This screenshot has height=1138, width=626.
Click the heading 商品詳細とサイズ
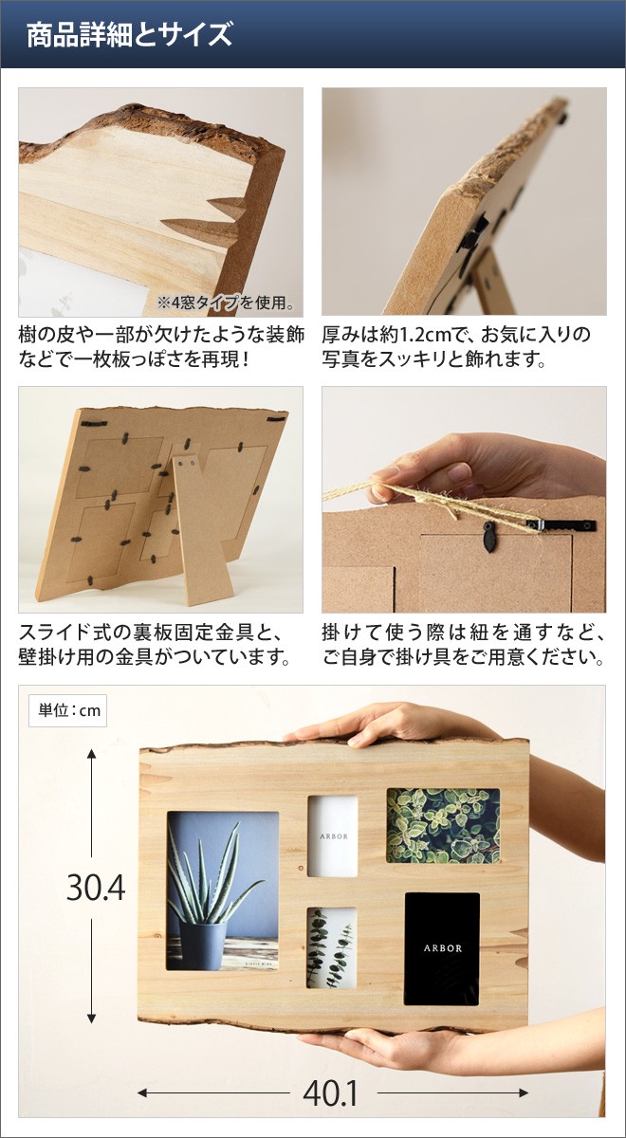pos(129,36)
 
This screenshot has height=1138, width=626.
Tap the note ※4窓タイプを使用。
pos(226,303)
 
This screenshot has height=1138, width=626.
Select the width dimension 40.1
pos(330,1094)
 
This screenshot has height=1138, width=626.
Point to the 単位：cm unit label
pos(68,710)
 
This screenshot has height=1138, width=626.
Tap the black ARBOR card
pos(442,947)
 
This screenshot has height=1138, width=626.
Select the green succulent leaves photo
pos(442,825)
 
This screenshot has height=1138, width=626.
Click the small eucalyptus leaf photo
pos(332,947)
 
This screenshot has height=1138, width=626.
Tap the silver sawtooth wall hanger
pos(567,523)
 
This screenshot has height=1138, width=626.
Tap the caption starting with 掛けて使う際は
pos(463,644)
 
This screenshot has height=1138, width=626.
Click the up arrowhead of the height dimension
pos(92,753)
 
